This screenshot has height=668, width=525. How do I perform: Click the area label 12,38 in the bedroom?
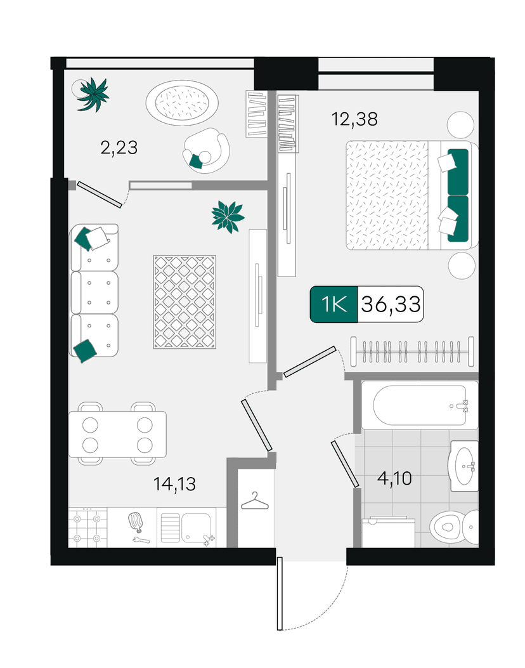(354, 119)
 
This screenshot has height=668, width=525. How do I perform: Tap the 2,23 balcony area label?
(119, 148)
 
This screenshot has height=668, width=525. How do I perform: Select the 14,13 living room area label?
(174, 484)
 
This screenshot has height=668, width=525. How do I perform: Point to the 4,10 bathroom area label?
(394, 478)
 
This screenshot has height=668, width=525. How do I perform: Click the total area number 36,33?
(391, 304)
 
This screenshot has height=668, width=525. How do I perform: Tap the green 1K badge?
(334, 304)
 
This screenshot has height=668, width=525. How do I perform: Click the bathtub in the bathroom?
(419, 405)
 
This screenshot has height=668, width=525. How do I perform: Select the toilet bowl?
(453, 527)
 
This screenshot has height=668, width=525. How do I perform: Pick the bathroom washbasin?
(464, 466)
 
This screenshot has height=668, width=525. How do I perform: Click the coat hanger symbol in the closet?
(255, 501)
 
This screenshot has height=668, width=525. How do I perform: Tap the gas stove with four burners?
(87, 527)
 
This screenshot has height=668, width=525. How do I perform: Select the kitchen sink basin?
(195, 528)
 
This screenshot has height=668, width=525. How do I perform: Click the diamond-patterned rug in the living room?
(185, 302)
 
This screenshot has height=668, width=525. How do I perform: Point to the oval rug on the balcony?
(182, 103)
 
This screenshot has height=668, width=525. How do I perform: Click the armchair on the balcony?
(206, 150)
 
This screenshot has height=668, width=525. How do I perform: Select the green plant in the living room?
(228, 216)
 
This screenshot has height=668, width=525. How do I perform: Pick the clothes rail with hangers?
(412, 352)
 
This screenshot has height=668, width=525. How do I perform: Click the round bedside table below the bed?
(462, 265)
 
